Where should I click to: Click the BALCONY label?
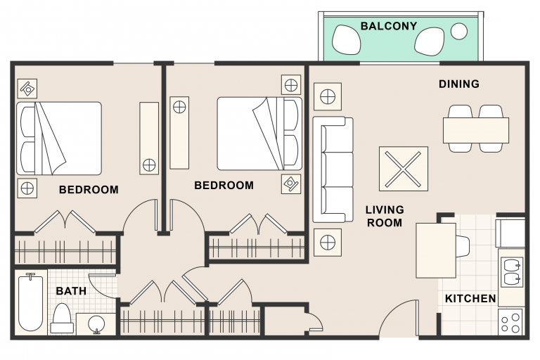(388, 26)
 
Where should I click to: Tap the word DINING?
(458, 84)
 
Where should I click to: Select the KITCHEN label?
(470, 298)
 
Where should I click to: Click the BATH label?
(71, 291)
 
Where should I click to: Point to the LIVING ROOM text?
(385, 217)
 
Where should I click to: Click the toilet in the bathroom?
(62, 319)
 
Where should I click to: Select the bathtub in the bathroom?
(31, 302)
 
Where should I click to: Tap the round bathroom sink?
(96, 324)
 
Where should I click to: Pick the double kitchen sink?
(513, 273)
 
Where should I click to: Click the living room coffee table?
(404, 169)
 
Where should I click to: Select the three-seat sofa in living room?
(333, 169)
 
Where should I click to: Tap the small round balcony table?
(459, 32)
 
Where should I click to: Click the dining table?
(475, 131)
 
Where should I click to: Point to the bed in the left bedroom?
(59, 138)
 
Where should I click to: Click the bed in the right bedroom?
(259, 134)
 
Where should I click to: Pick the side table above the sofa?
(328, 96)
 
